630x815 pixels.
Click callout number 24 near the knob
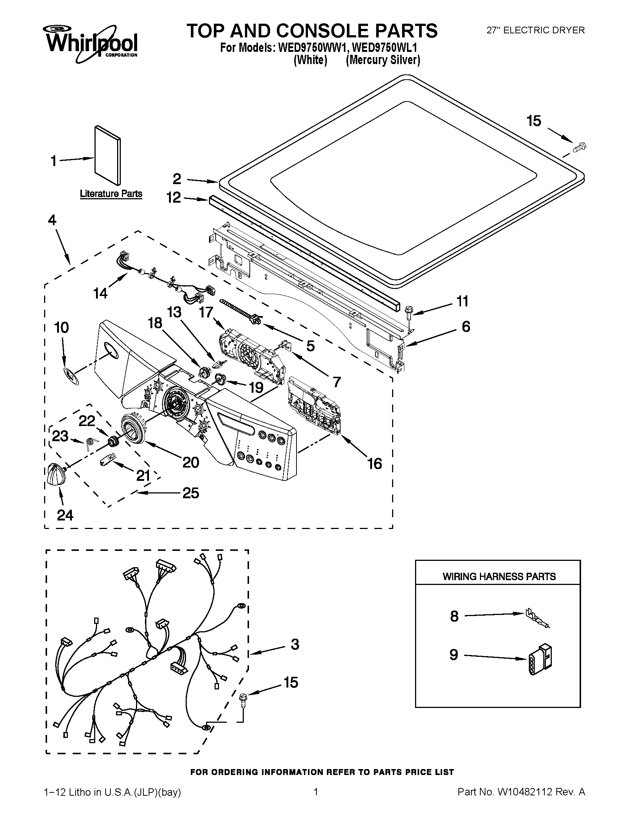65,515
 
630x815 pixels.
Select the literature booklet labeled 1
107,154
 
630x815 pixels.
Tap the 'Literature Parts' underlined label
111,194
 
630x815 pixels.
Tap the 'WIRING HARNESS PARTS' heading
498,576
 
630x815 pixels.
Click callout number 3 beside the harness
295,644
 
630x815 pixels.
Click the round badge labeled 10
70,376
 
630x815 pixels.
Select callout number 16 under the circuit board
374,463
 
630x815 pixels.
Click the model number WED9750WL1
384,48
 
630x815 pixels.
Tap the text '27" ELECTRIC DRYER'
535,30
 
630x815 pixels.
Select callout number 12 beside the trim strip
173,197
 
